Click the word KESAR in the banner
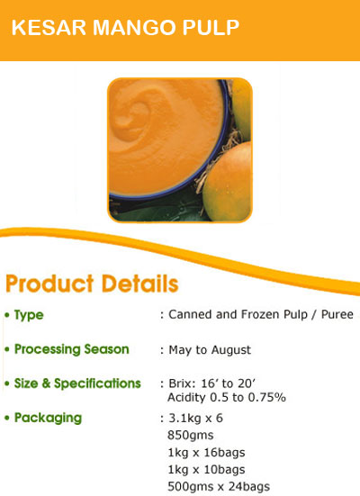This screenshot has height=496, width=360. click(x=49, y=28)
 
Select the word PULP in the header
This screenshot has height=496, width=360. click(x=211, y=28)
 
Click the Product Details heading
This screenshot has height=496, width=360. click(x=92, y=284)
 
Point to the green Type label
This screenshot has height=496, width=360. click(x=29, y=315)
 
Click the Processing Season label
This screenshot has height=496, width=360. click(x=72, y=349)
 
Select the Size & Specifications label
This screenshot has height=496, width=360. click(x=77, y=383)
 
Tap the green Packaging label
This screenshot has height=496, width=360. click(x=48, y=418)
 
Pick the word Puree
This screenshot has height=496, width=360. click(x=337, y=314)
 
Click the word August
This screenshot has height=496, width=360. click(x=231, y=350)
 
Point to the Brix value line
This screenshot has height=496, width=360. click(x=212, y=383)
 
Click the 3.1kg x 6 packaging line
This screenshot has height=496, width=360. click(x=195, y=419)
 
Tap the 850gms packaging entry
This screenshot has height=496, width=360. click(x=191, y=436)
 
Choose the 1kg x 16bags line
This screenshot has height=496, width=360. click(x=206, y=453)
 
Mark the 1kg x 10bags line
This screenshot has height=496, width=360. click(x=206, y=470)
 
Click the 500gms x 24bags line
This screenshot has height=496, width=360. click(x=219, y=487)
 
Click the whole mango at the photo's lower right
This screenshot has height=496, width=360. click(x=227, y=183)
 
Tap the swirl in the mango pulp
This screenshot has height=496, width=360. click(x=133, y=117)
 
